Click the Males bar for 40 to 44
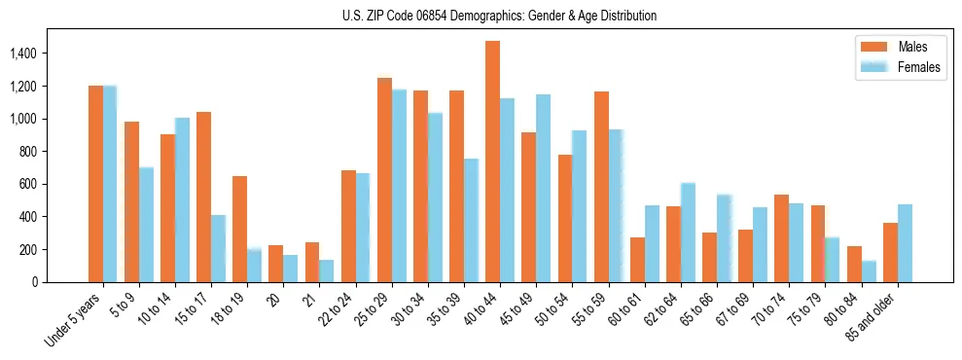[492, 162]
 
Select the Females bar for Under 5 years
[110, 184]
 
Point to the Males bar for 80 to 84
[854, 264]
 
